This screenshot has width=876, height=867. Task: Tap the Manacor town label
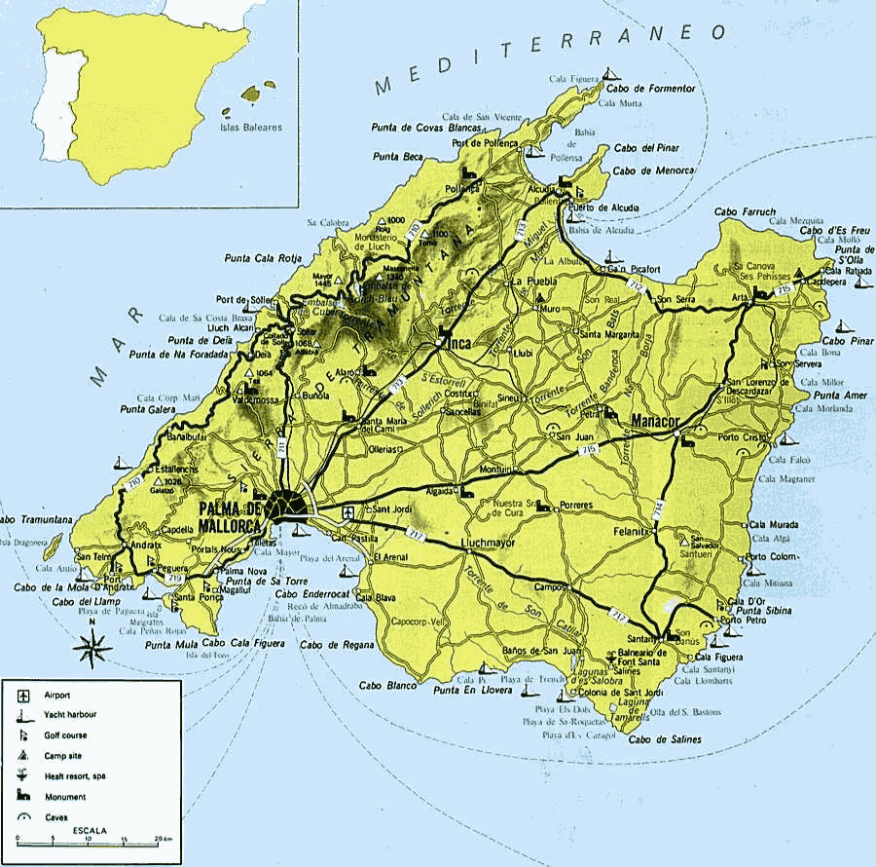coord(659,421)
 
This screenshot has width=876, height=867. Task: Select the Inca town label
coord(458,343)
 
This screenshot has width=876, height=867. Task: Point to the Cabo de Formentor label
coord(651,89)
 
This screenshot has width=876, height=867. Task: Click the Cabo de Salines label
coord(667,740)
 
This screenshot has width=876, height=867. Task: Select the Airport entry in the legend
coord(58,696)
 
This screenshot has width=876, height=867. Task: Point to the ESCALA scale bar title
coord(90,829)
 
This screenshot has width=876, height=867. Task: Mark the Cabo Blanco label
coord(386,686)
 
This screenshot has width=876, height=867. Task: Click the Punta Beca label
coord(398,156)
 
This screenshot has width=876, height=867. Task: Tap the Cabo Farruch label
coord(746,210)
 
